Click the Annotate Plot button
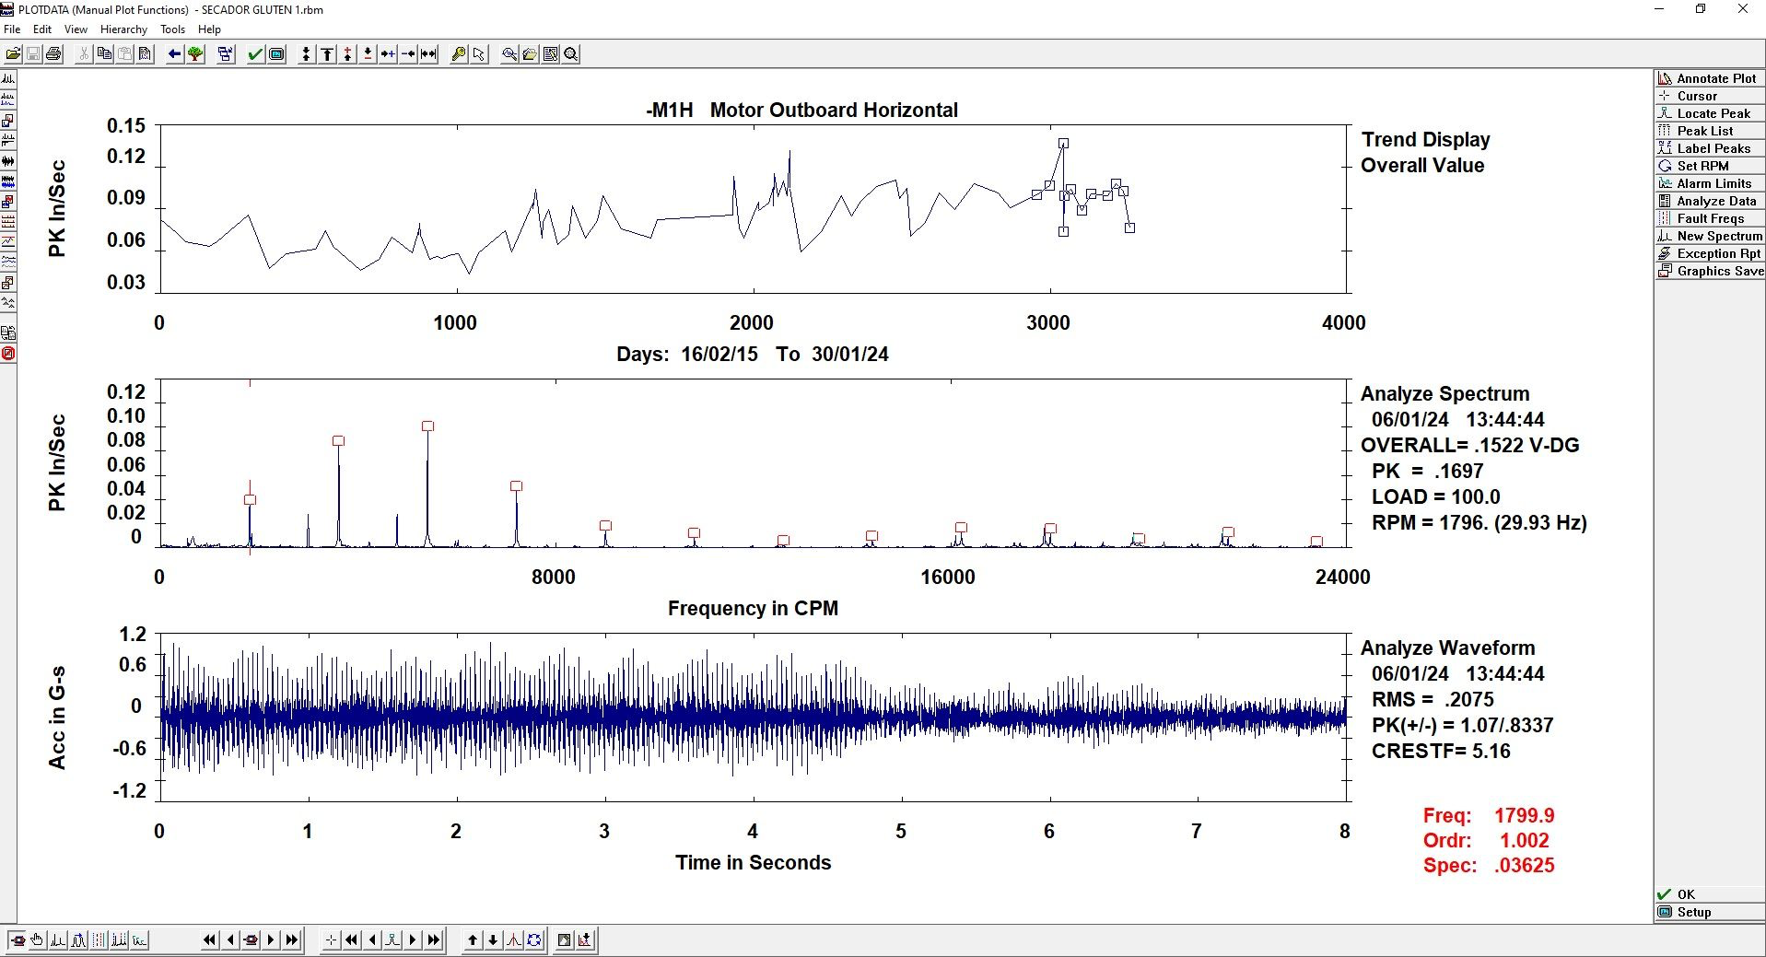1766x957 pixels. (x=1710, y=78)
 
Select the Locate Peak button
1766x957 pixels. (x=1710, y=113)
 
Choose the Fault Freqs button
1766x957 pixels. (x=1710, y=218)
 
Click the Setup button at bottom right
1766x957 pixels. (x=1710, y=912)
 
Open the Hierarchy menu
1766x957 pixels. (x=123, y=29)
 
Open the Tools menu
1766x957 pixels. (x=172, y=29)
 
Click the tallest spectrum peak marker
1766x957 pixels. (x=427, y=426)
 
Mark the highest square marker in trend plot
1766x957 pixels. (x=1063, y=144)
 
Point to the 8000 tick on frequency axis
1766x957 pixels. (x=553, y=578)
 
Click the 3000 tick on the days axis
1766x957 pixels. (x=1048, y=323)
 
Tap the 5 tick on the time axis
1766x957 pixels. (x=901, y=832)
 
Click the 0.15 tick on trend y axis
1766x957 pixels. (x=126, y=126)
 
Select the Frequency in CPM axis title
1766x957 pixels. (x=753, y=609)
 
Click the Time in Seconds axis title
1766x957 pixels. (x=753, y=863)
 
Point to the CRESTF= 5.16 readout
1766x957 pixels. (x=1441, y=752)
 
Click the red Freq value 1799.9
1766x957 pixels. (x=1524, y=816)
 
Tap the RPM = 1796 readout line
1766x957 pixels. (x=1479, y=523)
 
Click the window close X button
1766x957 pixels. (x=1742, y=9)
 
